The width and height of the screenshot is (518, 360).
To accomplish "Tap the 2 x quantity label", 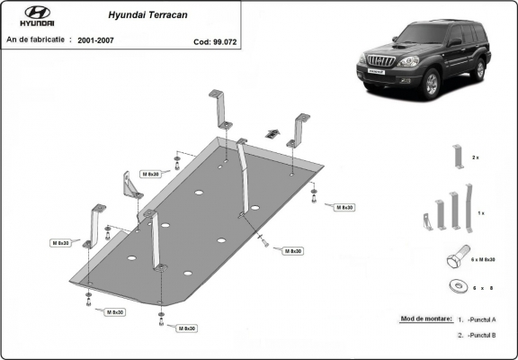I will click(x=476, y=157).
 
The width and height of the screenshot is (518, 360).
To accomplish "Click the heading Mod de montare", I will click(x=422, y=319).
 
